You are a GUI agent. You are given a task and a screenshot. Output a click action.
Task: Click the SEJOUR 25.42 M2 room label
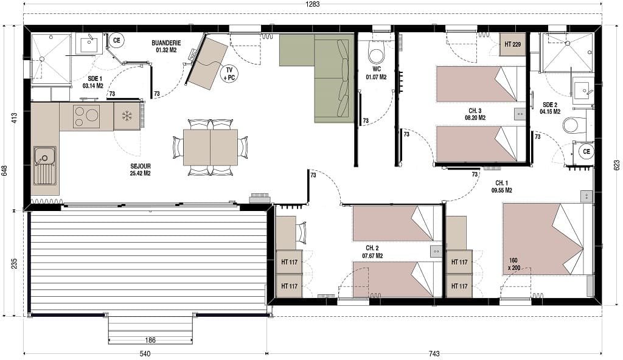[141, 170]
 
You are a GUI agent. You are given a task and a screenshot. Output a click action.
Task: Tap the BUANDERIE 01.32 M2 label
[166, 46]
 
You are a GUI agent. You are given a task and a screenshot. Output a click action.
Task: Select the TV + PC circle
[229, 74]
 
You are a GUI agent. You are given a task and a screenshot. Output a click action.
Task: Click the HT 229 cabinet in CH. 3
[512, 44]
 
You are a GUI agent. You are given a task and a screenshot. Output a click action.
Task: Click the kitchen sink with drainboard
[45, 165]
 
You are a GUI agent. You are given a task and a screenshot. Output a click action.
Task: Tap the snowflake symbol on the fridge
[127, 116]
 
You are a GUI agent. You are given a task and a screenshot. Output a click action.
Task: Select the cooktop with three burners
[86, 116]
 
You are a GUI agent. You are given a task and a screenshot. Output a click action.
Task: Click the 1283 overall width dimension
[312, 4]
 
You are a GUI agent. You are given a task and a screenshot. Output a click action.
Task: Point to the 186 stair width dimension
[150, 340]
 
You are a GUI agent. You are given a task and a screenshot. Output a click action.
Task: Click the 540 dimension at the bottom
[145, 354]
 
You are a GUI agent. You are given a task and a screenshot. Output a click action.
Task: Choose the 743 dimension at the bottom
[434, 354]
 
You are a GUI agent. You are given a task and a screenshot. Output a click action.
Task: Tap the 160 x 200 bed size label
[513, 265]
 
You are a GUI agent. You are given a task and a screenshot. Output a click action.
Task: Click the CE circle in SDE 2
[586, 151]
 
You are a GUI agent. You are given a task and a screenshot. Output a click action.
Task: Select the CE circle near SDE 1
[116, 40]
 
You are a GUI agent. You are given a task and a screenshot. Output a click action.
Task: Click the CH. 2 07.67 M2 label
[372, 252]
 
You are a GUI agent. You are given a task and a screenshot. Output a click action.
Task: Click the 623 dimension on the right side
[617, 165]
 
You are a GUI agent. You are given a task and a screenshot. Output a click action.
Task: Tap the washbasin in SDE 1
[89, 44]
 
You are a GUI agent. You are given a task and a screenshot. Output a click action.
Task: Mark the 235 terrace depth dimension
[15, 264]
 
